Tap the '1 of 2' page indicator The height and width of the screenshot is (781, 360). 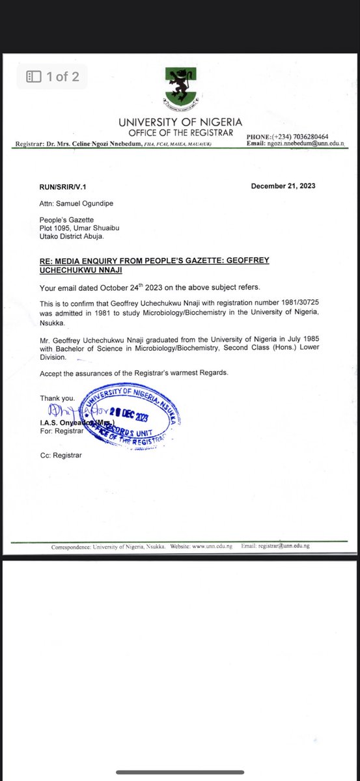(x=53, y=77)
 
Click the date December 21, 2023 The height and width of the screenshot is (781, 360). (x=283, y=186)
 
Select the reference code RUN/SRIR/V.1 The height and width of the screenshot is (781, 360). (x=62, y=187)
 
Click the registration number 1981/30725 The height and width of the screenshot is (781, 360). (x=279, y=304)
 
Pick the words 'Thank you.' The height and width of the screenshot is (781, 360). (x=57, y=398)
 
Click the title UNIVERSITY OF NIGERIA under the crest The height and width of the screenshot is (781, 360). (x=180, y=122)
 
